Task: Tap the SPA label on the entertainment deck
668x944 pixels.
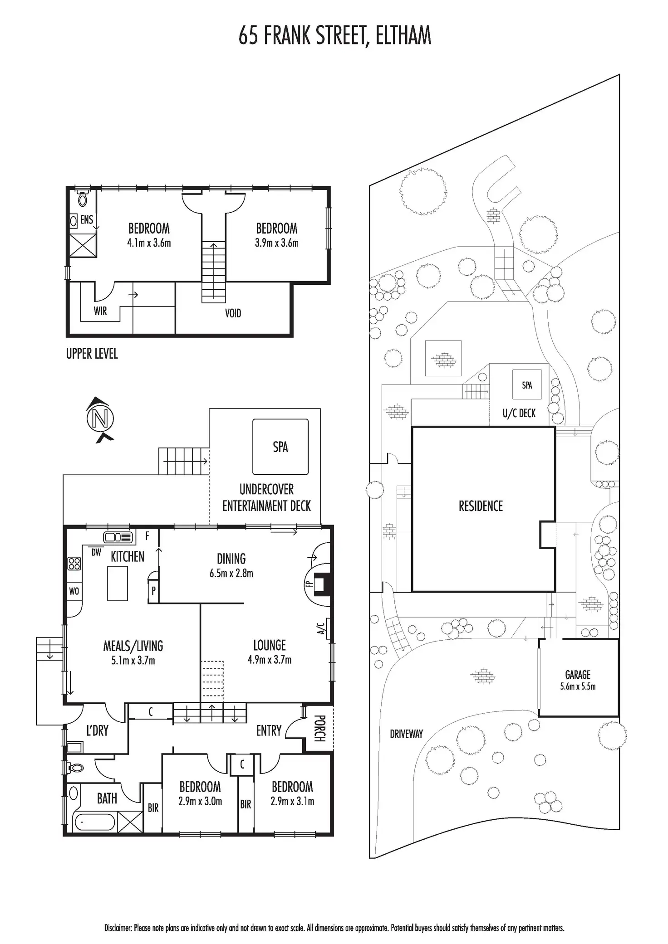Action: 280,447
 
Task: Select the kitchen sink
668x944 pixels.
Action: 118,538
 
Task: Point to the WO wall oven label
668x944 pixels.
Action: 74,591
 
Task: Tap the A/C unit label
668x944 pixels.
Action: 320,628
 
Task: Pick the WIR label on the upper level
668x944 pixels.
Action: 100,311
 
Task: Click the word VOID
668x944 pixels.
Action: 233,313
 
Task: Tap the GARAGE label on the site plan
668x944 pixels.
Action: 578,675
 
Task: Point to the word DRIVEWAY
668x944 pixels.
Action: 406,734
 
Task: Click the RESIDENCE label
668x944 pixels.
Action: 481,506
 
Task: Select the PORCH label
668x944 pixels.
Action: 319,728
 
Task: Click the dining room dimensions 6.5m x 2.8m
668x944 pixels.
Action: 231,574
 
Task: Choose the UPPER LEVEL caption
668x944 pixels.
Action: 92,354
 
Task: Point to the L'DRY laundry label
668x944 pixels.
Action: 97,730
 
